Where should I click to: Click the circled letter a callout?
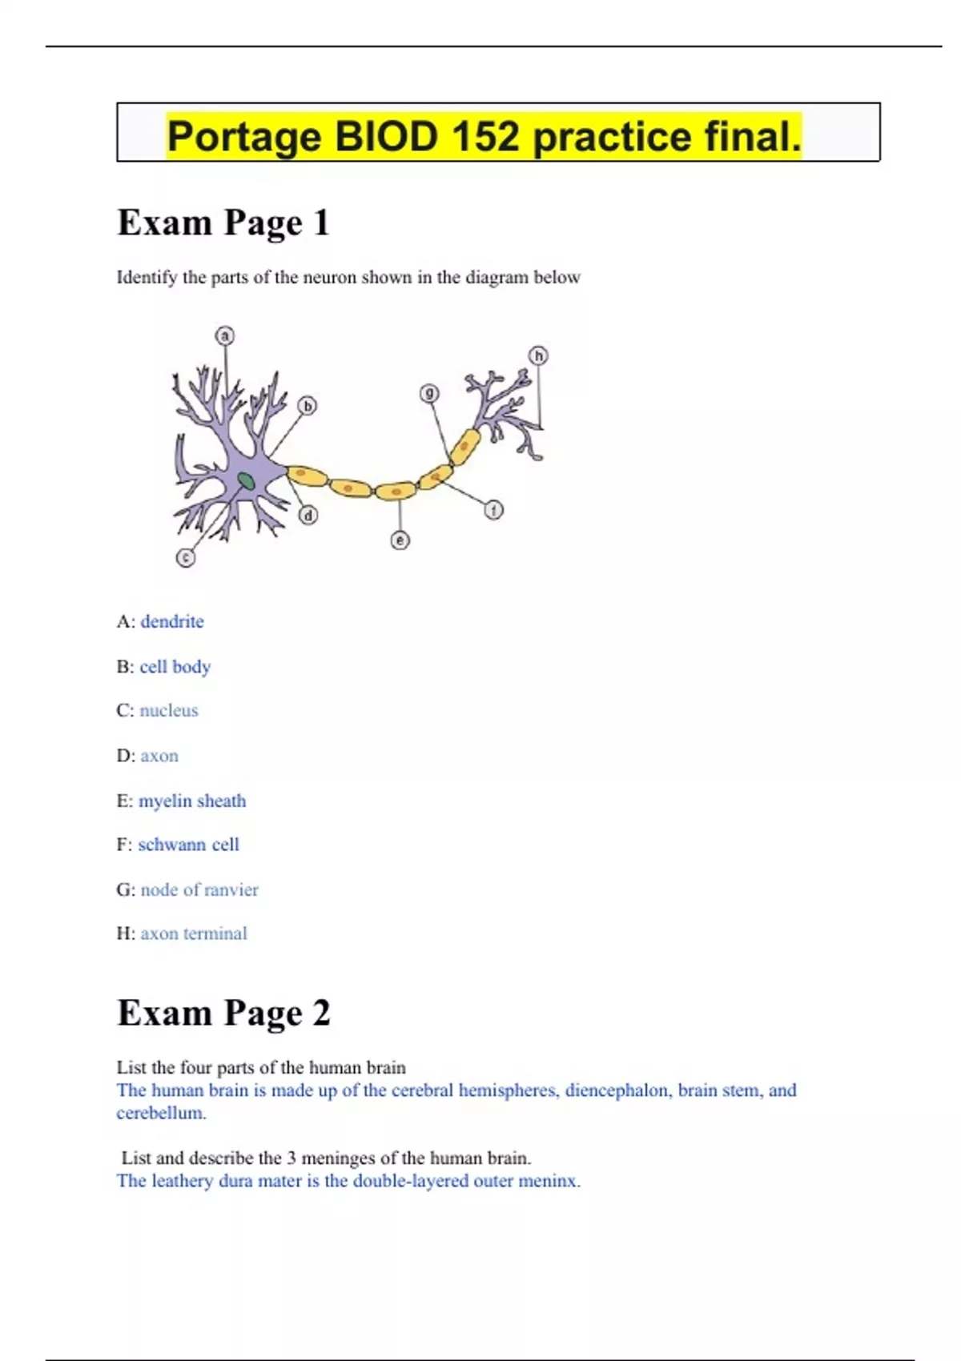click(225, 335)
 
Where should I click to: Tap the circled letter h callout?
click(539, 355)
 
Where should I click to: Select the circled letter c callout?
click(186, 557)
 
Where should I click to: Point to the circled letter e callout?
click(400, 540)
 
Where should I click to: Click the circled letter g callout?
click(430, 393)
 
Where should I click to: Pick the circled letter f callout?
click(494, 509)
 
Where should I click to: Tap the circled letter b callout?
click(308, 406)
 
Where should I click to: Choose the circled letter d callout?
click(308, 515)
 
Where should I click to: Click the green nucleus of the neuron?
click(246, 481)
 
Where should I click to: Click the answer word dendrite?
click(172, 621)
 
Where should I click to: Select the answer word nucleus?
click(169, 710)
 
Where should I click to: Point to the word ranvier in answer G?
click(231, 889)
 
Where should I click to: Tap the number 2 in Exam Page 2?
click(321, 1013)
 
